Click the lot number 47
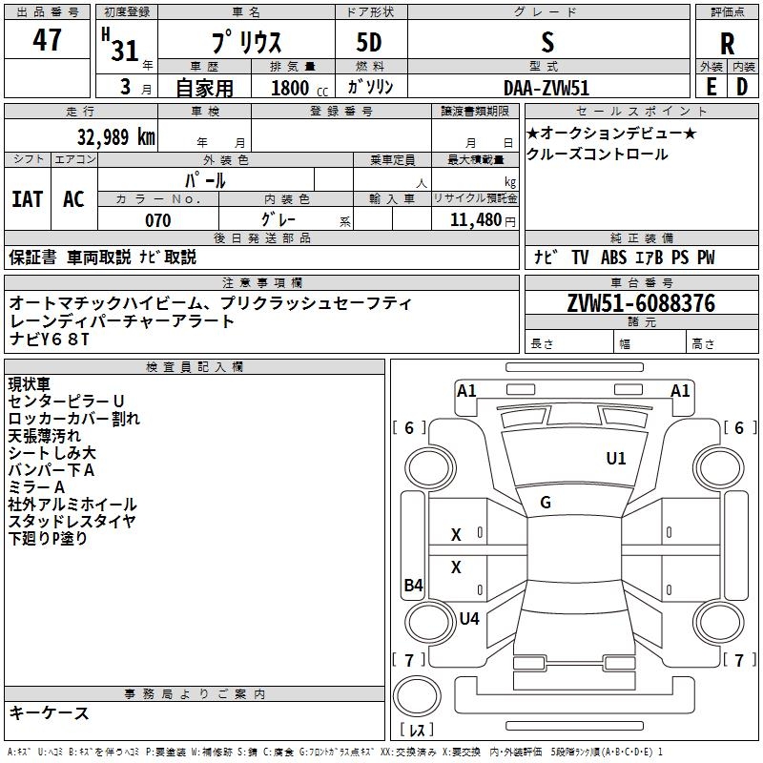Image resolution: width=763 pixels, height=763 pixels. point(47,39)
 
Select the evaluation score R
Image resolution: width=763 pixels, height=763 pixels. point(727,44)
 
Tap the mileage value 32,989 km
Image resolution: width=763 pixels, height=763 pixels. point(115,137)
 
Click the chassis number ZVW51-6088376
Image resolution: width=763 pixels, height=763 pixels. point(641,303)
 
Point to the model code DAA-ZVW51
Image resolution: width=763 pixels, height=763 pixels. point(546,88)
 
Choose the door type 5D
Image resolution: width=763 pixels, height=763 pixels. point(369,42)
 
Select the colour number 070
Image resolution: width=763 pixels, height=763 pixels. point(158,220)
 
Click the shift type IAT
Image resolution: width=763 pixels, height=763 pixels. point(28,199)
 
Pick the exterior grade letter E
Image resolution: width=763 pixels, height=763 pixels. point(711,87)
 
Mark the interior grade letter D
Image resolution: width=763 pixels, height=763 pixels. point(742,87)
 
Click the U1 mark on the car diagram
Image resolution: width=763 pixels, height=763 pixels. point(615,458)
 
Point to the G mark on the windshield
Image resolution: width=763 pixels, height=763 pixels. point(546,502)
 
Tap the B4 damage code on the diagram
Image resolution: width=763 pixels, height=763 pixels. point(413,585)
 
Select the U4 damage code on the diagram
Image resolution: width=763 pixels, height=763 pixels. point(469,618)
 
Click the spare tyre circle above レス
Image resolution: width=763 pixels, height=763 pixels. point(417,697)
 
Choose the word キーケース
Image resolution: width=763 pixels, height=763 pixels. point(50,712)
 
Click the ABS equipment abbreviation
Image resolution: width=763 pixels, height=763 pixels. point(613,258)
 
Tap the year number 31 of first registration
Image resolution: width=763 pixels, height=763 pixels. point(125,51)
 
